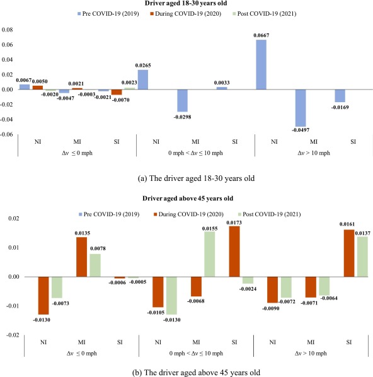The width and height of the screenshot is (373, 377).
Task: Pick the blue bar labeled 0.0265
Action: [143, 79]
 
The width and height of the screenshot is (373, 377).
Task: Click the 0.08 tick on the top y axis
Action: [9, 30]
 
